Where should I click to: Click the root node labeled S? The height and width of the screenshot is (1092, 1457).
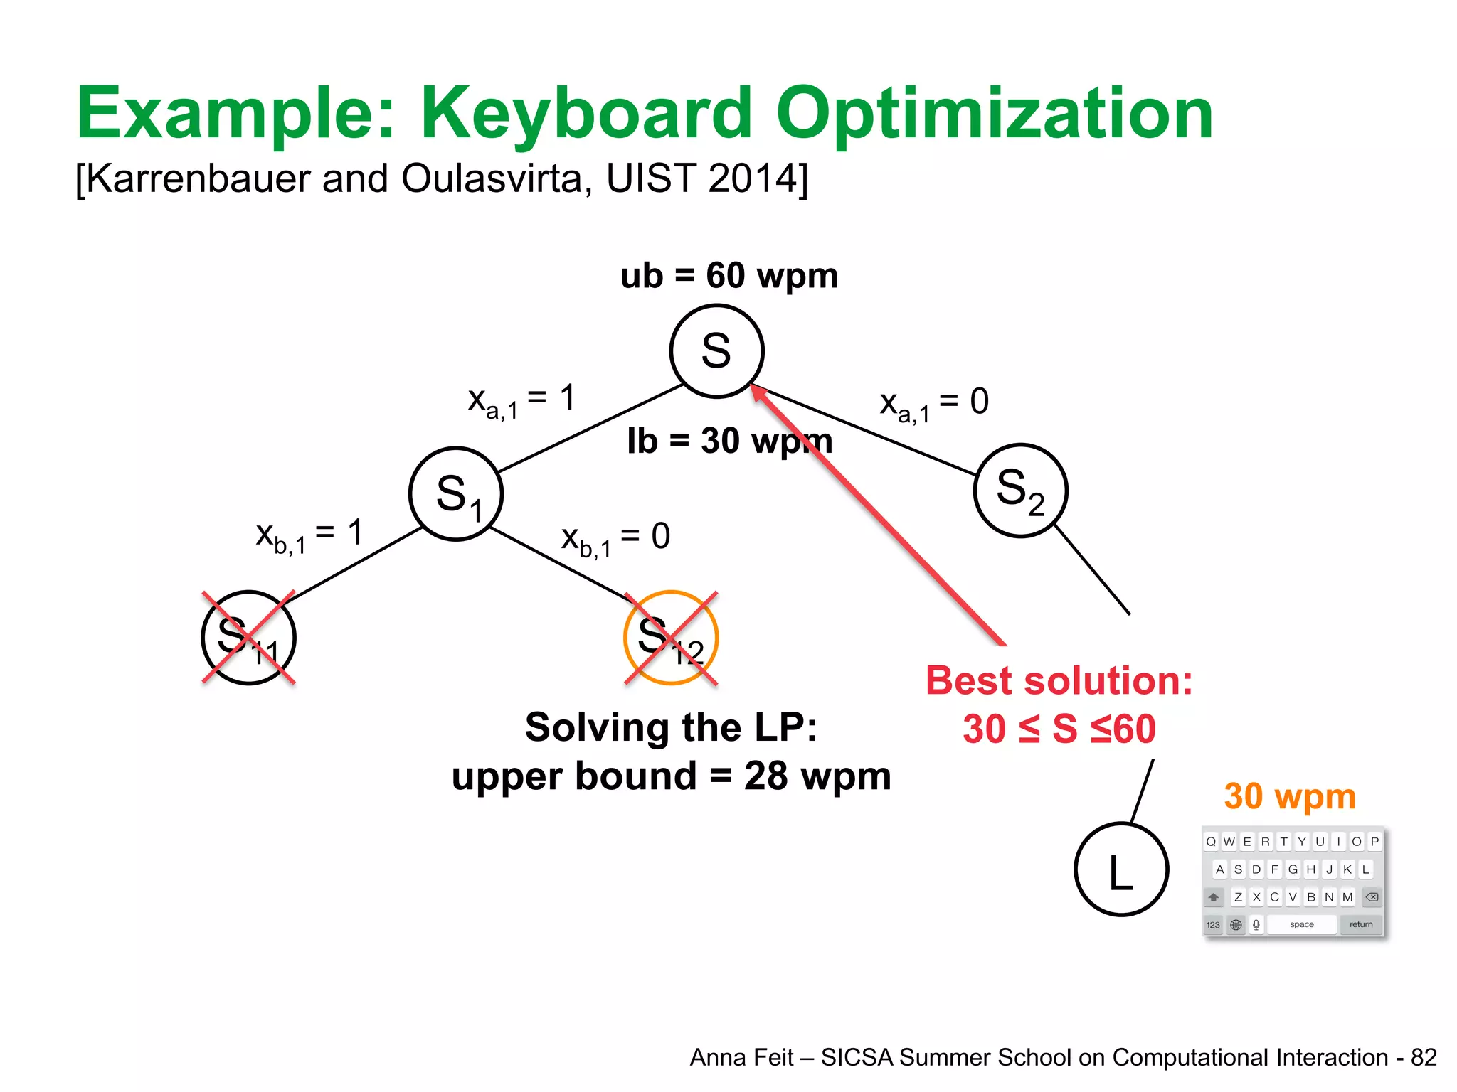[x=716, y=351]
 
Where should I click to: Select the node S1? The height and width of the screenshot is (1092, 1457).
[x=456, y=494]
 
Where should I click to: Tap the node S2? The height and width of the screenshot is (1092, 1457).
[x=1020, y=491]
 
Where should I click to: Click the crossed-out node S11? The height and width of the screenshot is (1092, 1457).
[x=248, y=638]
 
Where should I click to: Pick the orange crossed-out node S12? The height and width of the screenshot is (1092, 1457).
[x=671, y=638]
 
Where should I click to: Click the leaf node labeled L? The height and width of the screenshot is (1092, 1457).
[x=1121, y=869]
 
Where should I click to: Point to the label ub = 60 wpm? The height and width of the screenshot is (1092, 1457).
[x=729, y=276]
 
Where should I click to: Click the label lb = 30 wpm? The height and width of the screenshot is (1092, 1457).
[x=729, y=441]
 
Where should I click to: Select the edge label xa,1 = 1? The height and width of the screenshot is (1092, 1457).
[x=521, y=400]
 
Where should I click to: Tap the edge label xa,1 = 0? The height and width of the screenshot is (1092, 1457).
[x=934, y=403]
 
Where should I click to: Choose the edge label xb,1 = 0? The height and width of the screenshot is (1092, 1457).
[x=615, y=538]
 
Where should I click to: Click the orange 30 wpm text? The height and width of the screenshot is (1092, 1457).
[x=1290, y=796]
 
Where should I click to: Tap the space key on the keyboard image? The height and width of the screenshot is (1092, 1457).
[x=1301, y=924]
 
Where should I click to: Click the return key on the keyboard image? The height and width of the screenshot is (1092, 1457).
[x=1361, y=924]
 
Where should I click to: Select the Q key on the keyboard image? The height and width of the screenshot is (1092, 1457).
[x=1211, y=842]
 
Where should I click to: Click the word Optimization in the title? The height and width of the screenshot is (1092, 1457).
[x=994, y=114]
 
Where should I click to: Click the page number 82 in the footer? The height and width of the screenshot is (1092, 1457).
[x=1424, y=1057]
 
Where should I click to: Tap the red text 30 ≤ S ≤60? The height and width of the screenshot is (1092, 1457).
[x=1059, y=729]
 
